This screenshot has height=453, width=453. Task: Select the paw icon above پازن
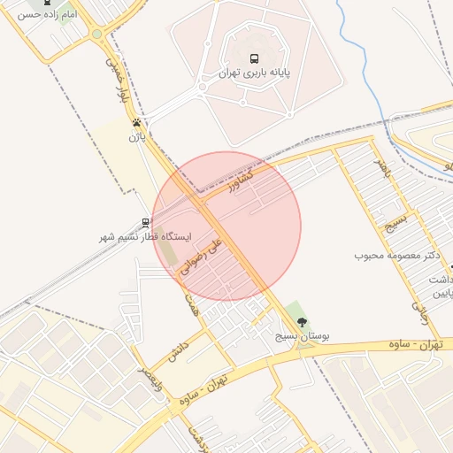click(136, 122)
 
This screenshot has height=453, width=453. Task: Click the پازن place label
click(135, 137)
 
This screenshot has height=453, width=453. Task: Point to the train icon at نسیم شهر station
click(146, 223)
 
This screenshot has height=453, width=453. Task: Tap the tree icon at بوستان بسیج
click(302, 322)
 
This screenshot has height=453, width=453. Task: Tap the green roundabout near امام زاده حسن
click(96, 34)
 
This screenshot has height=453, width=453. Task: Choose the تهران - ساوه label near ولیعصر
click(209, 387)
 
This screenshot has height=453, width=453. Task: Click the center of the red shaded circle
click(226, 226)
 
